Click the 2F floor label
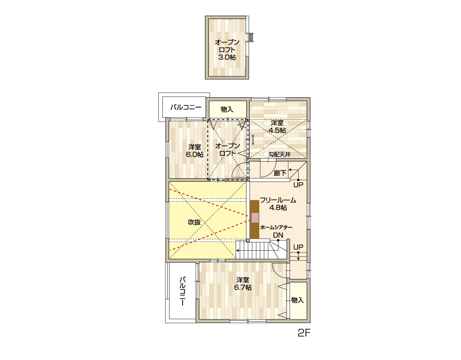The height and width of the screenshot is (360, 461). point(304,333)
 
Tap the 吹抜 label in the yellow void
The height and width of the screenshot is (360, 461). point(194,222)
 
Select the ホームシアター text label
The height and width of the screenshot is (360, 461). point(276,227)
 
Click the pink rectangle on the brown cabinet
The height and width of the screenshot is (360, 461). point(255,218)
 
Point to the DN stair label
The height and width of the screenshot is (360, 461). point(278,235)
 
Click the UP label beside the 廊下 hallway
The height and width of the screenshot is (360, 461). point(298,184)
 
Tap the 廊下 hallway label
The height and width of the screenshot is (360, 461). point(280,173)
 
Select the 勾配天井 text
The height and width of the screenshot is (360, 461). point(279,154)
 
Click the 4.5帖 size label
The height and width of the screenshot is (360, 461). point(277,130)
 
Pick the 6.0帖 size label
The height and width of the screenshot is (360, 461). point(195,154)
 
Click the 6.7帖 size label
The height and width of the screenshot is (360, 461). point(243,288)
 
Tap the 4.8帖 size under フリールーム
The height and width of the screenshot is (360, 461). point(278,207)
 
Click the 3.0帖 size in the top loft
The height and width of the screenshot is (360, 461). point(227,57)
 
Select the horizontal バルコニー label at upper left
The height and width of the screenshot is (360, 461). point(186,108)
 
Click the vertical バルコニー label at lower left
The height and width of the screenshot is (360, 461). point(183,291)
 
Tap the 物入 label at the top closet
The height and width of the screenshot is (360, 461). point(227,109)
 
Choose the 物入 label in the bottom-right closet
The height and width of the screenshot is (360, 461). point(298,300)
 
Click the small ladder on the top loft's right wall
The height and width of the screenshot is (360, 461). point(251,37)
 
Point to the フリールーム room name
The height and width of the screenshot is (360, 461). point(278,200)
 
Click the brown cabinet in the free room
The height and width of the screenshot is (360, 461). point(255,219)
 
